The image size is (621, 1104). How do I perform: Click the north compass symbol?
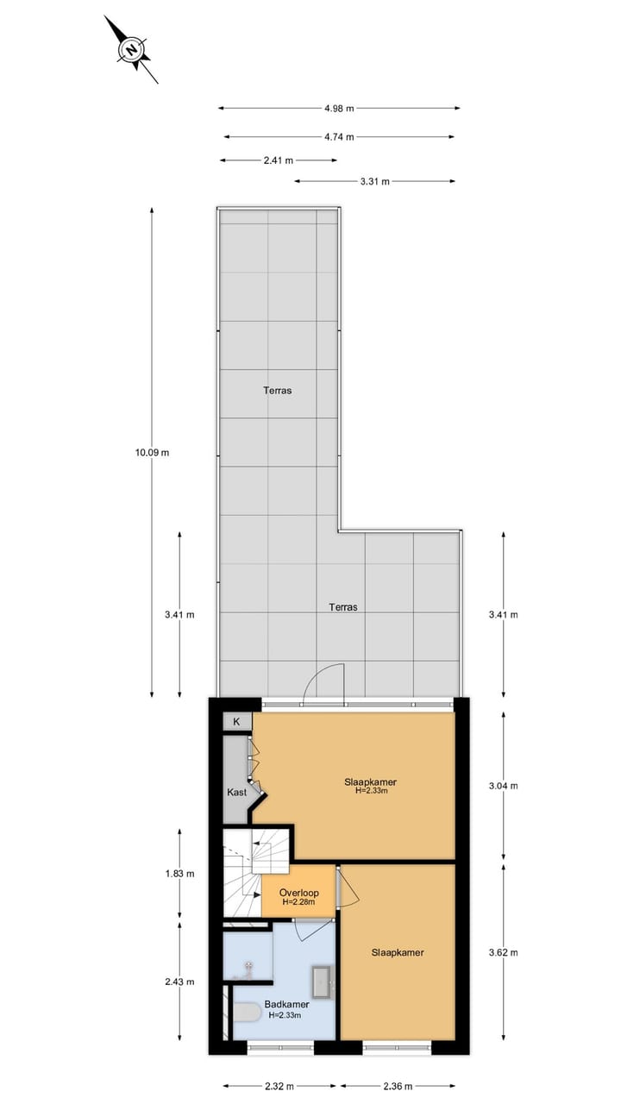click(131, 50)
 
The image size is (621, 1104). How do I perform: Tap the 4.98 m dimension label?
click(339, 109)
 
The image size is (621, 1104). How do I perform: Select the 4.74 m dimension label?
click(339, 136)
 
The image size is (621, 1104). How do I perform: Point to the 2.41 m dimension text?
click(278, 160)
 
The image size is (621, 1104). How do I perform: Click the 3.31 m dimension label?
click(374, 181)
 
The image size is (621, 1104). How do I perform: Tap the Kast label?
click(236, 792)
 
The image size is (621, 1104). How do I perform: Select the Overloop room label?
click(299, 893)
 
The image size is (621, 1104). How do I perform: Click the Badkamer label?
click(286, 1004)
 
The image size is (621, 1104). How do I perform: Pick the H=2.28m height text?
click(299, 902)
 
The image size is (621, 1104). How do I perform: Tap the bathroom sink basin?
click(322, 982)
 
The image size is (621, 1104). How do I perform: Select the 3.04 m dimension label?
click(503, 786)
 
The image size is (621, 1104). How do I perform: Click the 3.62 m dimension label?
click(503, 952)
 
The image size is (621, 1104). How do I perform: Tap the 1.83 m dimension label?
click(179, 874)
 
